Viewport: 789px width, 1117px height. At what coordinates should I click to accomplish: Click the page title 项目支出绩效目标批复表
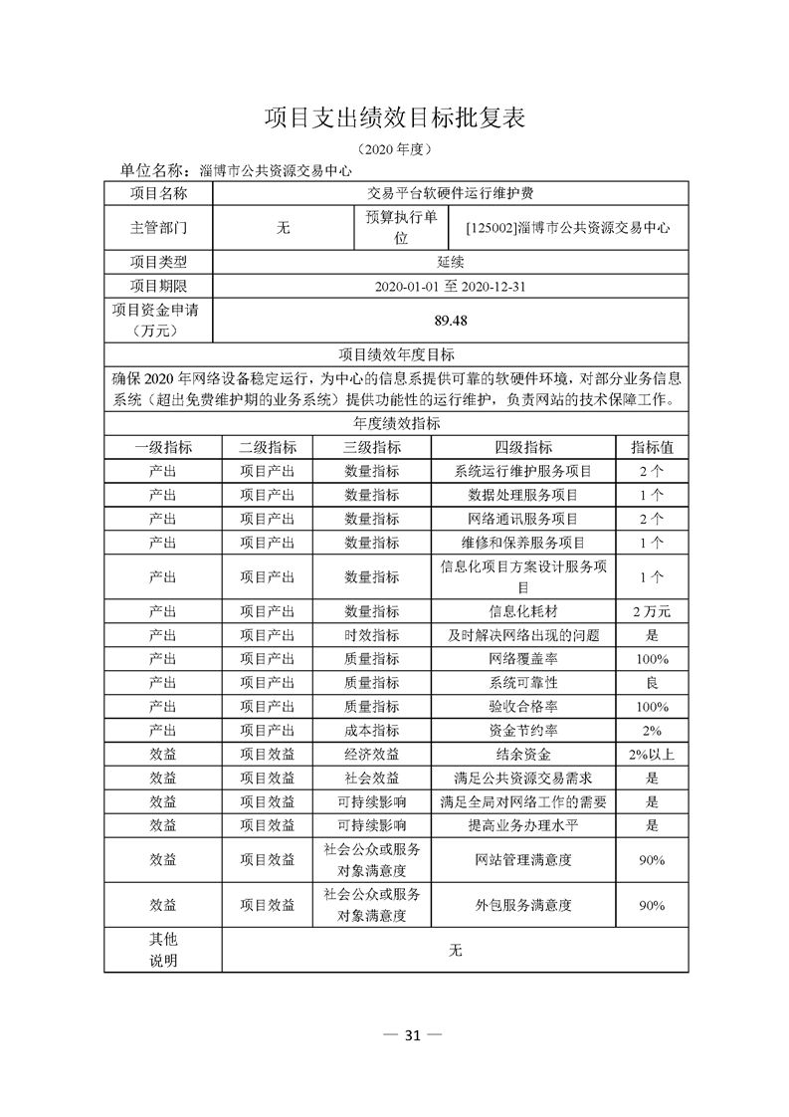(x=394, y=117)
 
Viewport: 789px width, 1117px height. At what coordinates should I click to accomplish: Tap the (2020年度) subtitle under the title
(x=394, y=149)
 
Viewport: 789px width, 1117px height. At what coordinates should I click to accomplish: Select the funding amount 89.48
(x=451, y=321)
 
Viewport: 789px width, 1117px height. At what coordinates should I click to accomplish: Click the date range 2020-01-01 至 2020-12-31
(x=451, y=286)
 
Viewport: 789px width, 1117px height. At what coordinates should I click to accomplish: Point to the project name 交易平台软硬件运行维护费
(x=451, y=193)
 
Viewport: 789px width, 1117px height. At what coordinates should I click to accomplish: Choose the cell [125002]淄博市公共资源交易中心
(x=567, y=227)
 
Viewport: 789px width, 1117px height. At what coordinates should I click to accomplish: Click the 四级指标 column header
(x=523, y=447)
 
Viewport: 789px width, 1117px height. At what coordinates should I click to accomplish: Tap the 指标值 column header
(x=652, y=447)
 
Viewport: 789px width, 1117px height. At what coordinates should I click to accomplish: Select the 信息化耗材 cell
(x=523, y=610)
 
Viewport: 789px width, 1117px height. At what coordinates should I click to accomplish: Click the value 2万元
(x=652, y=610)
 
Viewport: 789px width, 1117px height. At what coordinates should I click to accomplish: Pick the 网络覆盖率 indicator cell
(x=523, y=658)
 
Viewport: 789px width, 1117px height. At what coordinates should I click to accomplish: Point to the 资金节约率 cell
(x=523, y=730)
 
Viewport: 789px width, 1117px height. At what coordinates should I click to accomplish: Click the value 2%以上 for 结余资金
(x=652, y=754)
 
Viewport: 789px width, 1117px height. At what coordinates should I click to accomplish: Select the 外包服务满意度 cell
(x=523, y=905)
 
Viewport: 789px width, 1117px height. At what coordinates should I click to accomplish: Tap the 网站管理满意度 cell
(x=523, y=859)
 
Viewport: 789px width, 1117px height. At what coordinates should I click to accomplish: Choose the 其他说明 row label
(x=162, y=950)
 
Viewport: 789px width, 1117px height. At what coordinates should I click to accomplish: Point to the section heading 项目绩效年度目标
(x=396, y=354)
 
